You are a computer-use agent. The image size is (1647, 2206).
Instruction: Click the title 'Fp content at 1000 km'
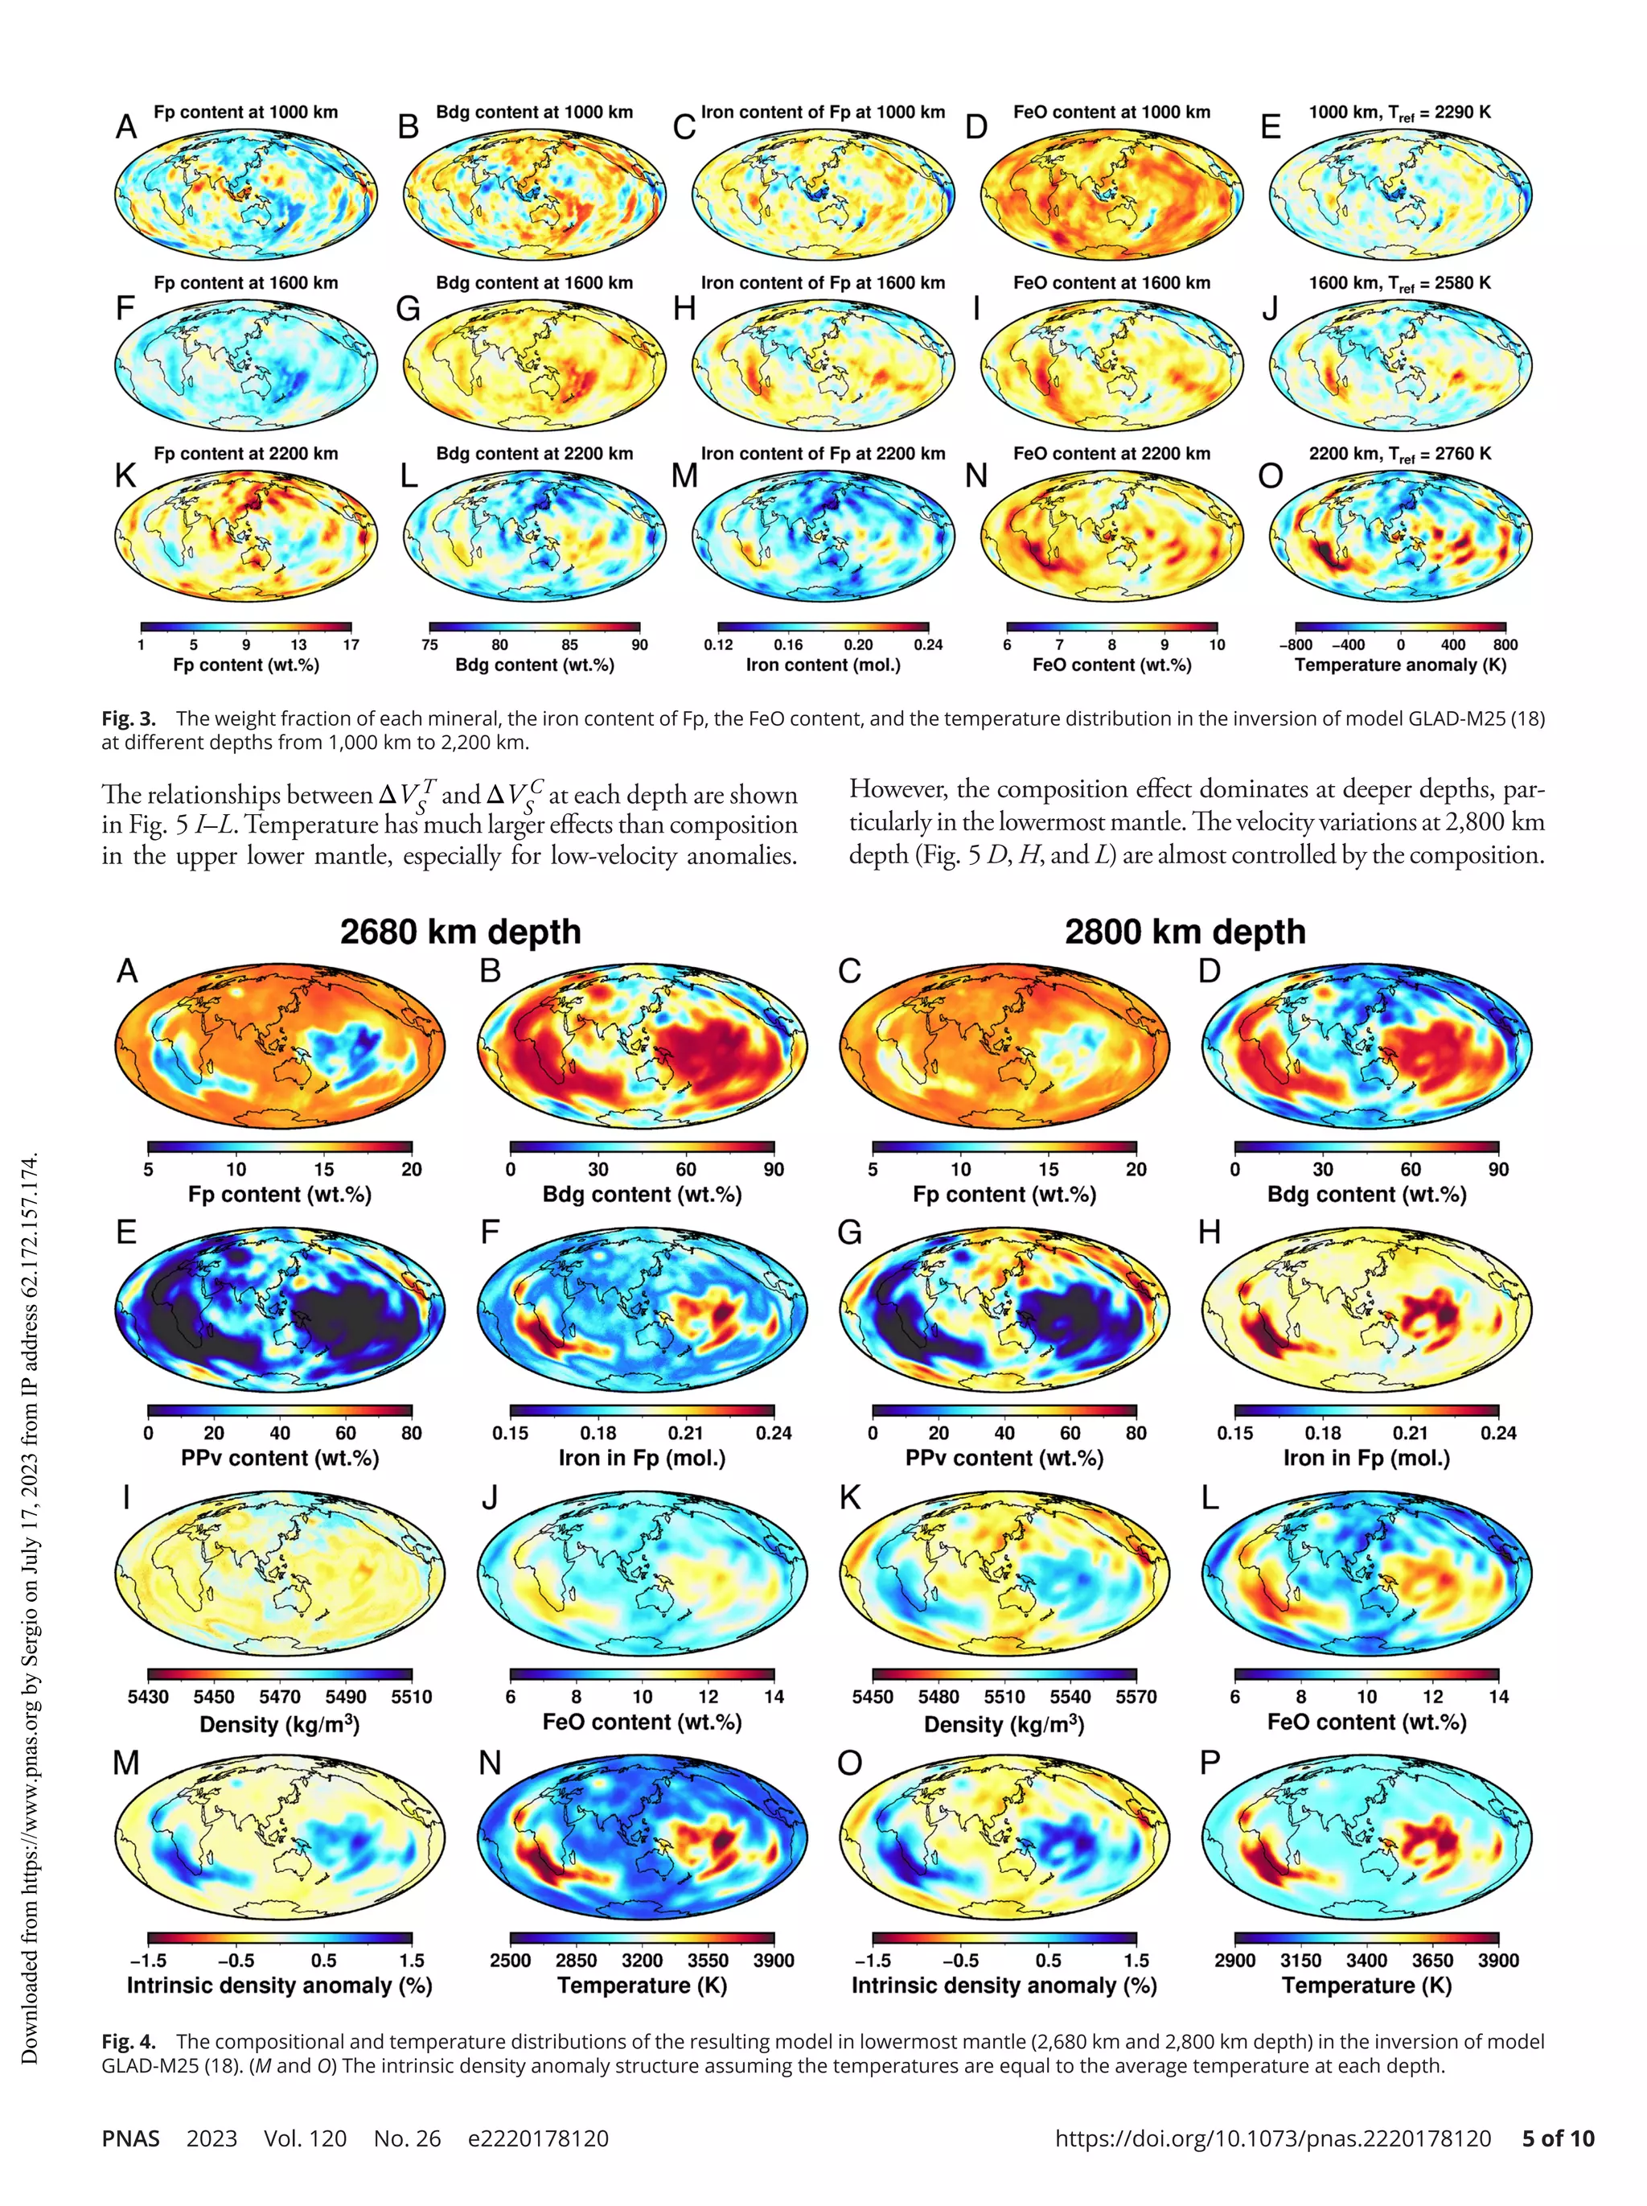tap(245, 113)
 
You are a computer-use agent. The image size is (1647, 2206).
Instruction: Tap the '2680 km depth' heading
tap(460, 932)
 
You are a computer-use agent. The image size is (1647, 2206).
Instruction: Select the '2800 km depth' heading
tap(1185, 932)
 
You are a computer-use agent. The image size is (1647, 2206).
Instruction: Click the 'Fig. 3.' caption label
tap(129, 718)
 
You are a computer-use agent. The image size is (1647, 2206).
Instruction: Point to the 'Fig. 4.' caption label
tap(129, 2041)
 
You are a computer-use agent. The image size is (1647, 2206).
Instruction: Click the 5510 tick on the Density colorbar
tap(411, 1697)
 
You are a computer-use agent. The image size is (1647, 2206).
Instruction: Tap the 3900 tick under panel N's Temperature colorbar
tap(774, 1960)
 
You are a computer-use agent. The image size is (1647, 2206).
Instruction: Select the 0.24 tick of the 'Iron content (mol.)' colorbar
tap(927, 644)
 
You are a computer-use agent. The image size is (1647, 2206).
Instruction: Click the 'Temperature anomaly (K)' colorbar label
tap(1400, 665)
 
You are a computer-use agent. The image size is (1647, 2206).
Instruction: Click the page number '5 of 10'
tap(1557, 2138)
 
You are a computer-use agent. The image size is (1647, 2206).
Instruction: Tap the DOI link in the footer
tap(1272, 2138)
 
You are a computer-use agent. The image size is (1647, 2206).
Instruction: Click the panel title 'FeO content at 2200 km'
tap(1111, 454)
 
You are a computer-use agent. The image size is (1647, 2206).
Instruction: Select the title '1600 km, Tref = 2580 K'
tap(1400, 283)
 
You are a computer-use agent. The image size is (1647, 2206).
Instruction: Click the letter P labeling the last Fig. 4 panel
tap(1210, 1764)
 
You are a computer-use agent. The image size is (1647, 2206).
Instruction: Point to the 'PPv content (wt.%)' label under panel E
tap(279, 1458)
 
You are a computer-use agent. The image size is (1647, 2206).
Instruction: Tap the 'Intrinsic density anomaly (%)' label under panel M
tap(279, 1985)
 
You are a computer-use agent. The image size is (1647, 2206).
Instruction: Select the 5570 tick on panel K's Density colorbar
tap(1136, 1697)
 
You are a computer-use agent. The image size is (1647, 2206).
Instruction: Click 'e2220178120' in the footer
tap(537, 2138)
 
